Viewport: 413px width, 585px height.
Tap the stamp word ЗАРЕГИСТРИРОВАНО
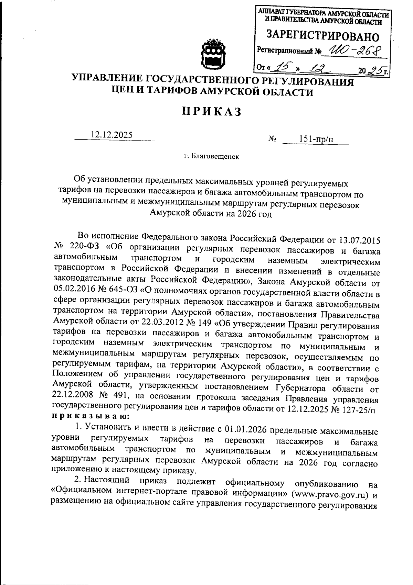click(x=323, y=36)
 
